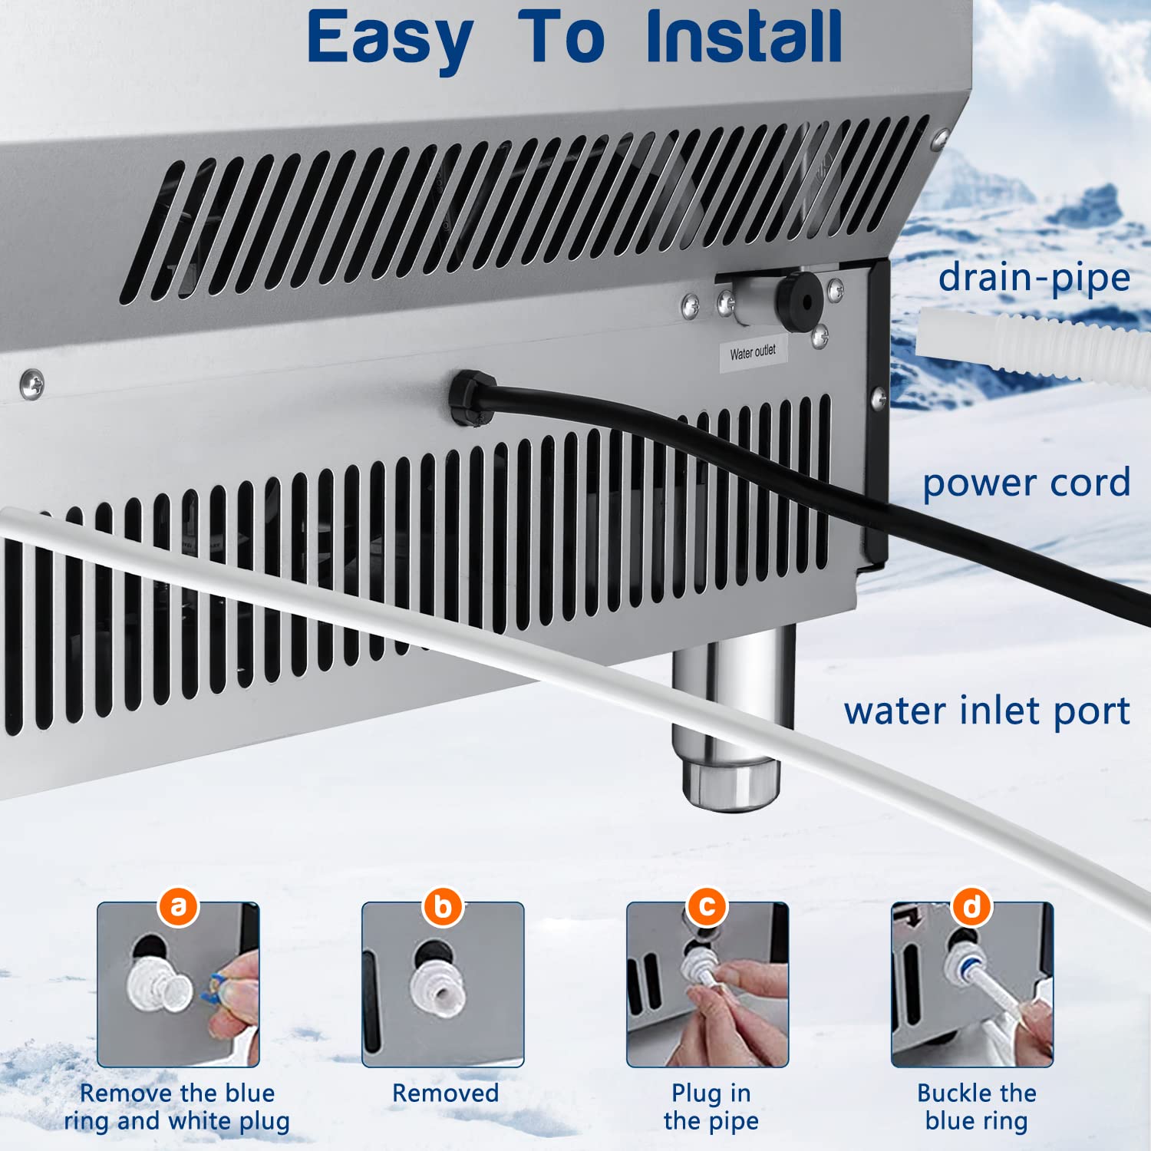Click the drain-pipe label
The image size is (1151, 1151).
coord(1034,278)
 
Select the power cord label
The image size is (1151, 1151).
coord(1026,483)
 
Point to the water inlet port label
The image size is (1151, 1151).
coord(987,711)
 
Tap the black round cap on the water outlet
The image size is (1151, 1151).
coord(798,301)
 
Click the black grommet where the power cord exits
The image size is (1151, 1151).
coord(470,397)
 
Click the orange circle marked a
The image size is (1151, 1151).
coord(179,906)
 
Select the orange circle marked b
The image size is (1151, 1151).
coord(443,906)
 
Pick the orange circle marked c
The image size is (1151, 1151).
coord(707,906)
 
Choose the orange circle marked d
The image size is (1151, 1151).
coord(972,906)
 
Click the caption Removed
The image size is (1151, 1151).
coord(445,1093)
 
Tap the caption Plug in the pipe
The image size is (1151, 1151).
coord(711,1106)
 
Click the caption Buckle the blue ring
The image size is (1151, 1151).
coord(976,1106)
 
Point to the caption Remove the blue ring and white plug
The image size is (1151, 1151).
coord(177,1106)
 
